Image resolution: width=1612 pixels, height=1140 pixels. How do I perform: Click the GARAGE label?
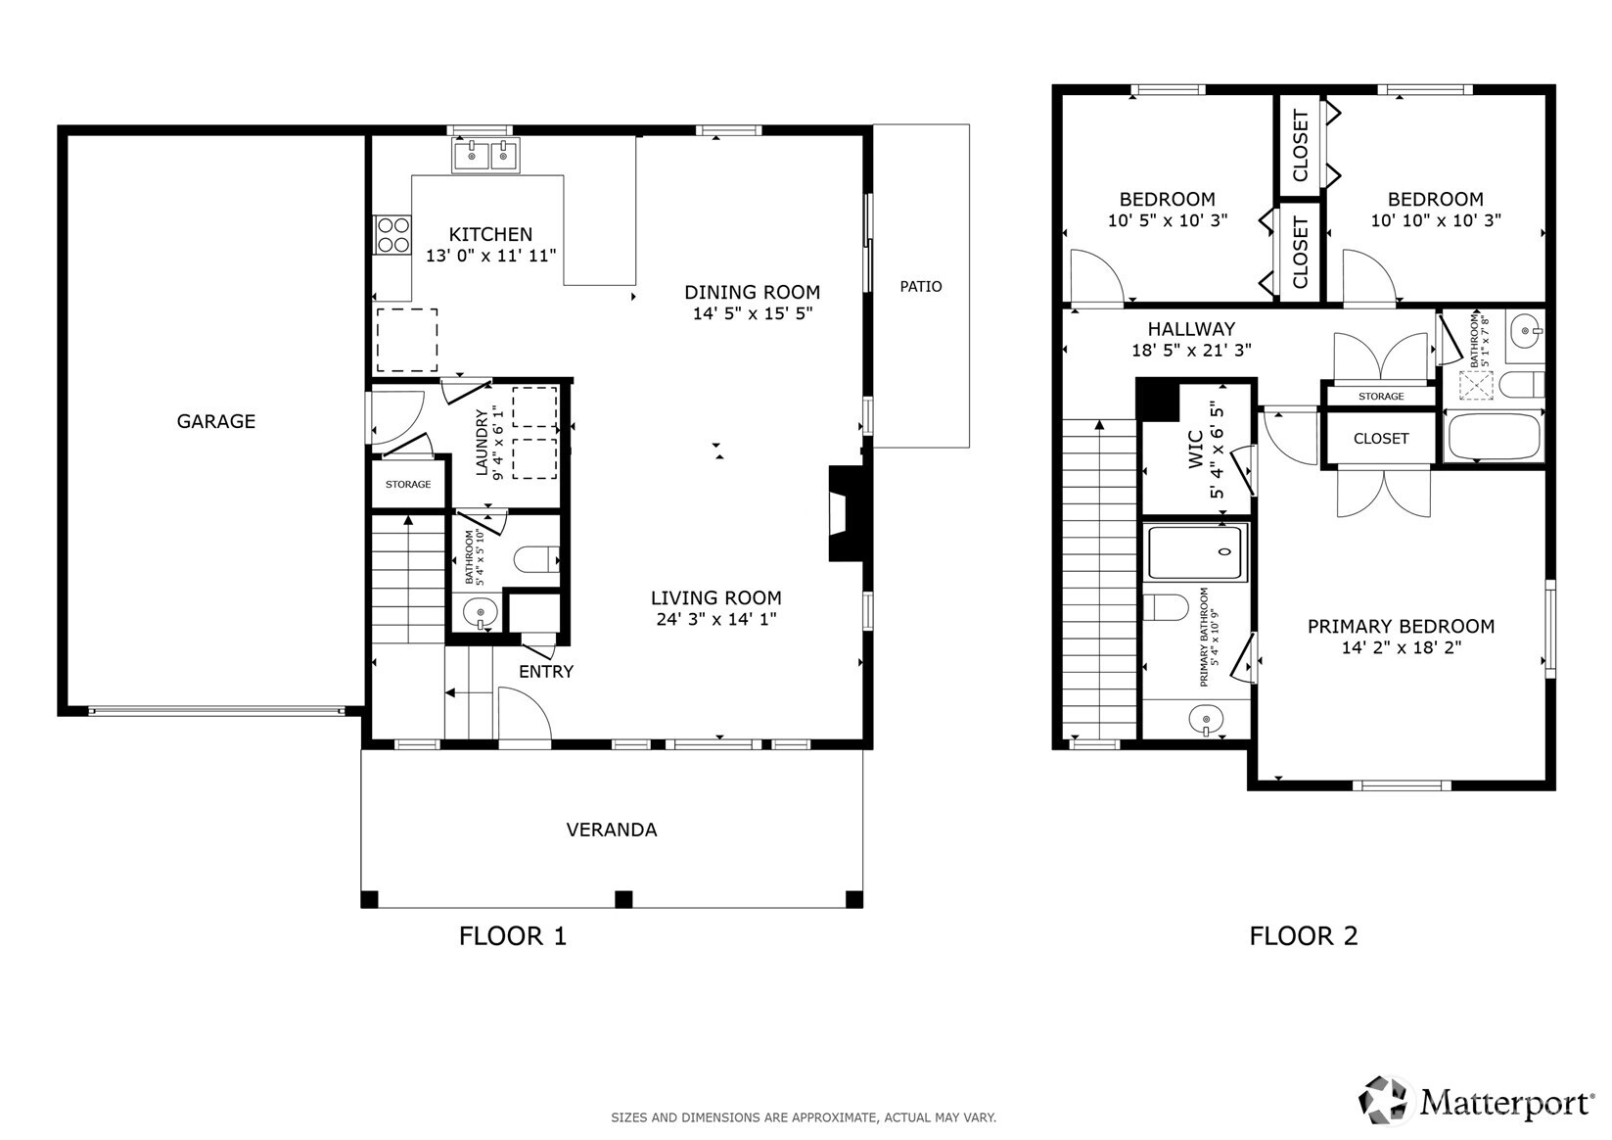pyautogui.click(x=216, y=421)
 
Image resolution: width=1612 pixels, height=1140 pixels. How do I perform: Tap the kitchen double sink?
pyautogui.click(x=485, y=156)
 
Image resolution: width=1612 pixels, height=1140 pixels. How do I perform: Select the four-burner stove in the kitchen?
pyautogui.click(x=392, y=235)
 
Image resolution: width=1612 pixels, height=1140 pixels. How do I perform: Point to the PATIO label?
pyautogui.click(x=920, y=287)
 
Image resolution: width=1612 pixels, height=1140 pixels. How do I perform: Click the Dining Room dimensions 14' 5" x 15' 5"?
pyautogui.click(x=753, y=313)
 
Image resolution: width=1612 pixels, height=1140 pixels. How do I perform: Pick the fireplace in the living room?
pyautogui.click(x=847, y=513)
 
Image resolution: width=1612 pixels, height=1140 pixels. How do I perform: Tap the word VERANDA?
pyautogui.click(x=612, y=830)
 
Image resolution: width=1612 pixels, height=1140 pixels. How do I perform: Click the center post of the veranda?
pyautogui.click(x=623, y=899)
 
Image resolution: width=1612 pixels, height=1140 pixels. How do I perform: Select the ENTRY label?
pyautogui.click(x=546, y=671)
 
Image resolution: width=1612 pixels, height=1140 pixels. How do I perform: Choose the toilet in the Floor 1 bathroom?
pyautogui.click(x=537, y=559)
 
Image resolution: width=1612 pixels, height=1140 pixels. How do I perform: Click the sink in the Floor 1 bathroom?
pyautogui.click(x=480, y=614)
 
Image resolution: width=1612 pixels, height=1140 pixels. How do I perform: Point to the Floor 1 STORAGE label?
pyautogui.click(x=408, y=484)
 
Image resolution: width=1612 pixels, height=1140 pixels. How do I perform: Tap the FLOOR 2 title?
pyautogui.click(x=1304, y=936)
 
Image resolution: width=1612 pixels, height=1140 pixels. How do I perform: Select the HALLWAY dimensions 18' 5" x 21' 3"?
pyautogui.click(x=1192, y=350)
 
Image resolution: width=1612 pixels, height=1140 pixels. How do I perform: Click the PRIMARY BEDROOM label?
pyautogui.click(x=1402, y=627)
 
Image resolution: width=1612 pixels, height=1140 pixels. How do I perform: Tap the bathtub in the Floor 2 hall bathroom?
pyautogui.click(x=1494, y=437)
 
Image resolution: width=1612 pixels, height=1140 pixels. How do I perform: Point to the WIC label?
pyautogui.click(x=1195, y=450)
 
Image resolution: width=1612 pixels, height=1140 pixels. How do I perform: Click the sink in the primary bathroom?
pyautogui.click(x=1206, y=720)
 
